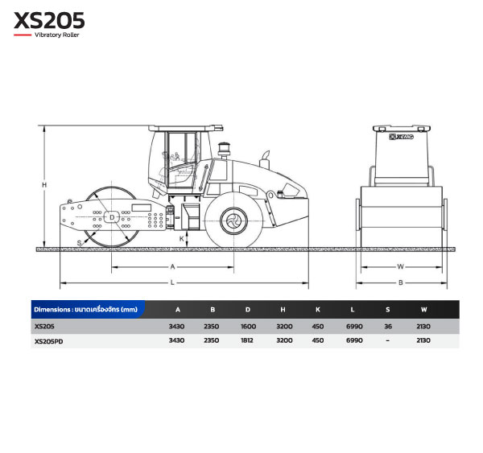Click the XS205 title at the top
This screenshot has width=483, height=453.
tap(49, 20)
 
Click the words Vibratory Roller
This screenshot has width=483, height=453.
tap(56, 35)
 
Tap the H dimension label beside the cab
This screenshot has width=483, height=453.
tap(44, 185)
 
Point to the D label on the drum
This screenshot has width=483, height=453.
tap(112, 217)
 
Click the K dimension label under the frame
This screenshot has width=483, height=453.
tap(182, 239)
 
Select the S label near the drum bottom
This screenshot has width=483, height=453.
tap(79, 243)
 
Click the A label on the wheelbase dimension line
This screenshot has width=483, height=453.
tap(172, 266)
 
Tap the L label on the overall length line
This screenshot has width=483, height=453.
tap(172, 282)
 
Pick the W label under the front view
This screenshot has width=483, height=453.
tap(400, 266)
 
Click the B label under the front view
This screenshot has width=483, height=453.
tap(400, 282)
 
